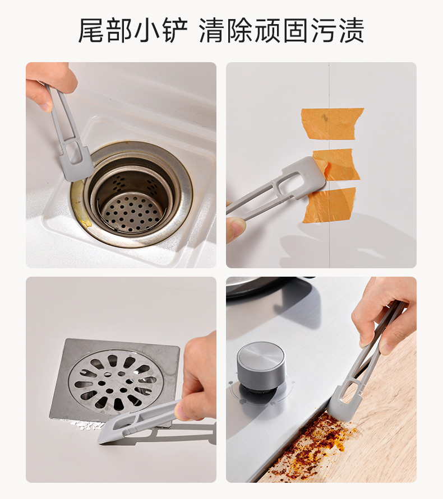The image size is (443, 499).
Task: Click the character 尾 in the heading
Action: point(91,30)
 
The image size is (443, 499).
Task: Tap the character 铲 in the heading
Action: point(174,30)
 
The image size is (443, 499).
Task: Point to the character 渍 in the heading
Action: point(351,30)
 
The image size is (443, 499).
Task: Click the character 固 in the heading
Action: point(295,30)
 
